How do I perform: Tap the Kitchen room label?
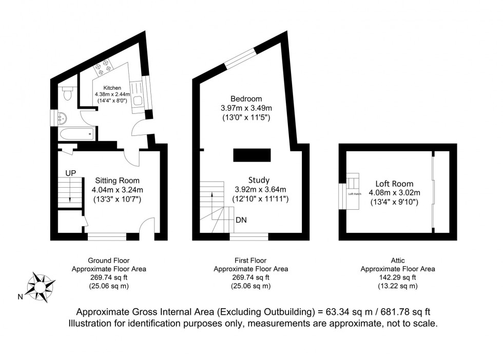112,88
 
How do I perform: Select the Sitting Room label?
117,181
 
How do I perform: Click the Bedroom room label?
246,98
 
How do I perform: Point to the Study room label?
259,179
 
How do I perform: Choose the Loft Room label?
394,184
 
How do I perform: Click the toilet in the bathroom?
66,93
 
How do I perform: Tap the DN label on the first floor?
241,219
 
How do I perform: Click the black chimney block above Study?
252,154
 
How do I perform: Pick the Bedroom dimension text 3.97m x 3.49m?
246,108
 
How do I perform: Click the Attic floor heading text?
397,261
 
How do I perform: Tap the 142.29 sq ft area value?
397,277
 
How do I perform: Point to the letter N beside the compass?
20,296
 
